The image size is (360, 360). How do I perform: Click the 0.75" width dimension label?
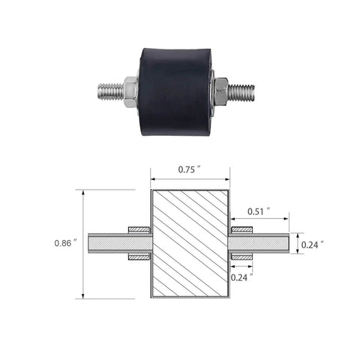point(190,169)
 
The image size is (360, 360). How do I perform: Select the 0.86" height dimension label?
point(66,243)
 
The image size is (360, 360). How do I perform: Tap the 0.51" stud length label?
point(259,211)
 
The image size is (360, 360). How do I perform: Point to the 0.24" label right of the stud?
point(313,245)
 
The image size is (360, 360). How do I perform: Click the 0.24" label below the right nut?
point(242,277)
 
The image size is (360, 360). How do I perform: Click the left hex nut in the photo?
point(130,91)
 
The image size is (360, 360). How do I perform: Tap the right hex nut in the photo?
point(221,91)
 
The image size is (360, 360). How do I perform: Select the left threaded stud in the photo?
point(110,91)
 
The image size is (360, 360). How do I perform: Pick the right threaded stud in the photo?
point(241,92)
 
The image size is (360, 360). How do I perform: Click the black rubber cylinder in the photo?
point(175,92)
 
